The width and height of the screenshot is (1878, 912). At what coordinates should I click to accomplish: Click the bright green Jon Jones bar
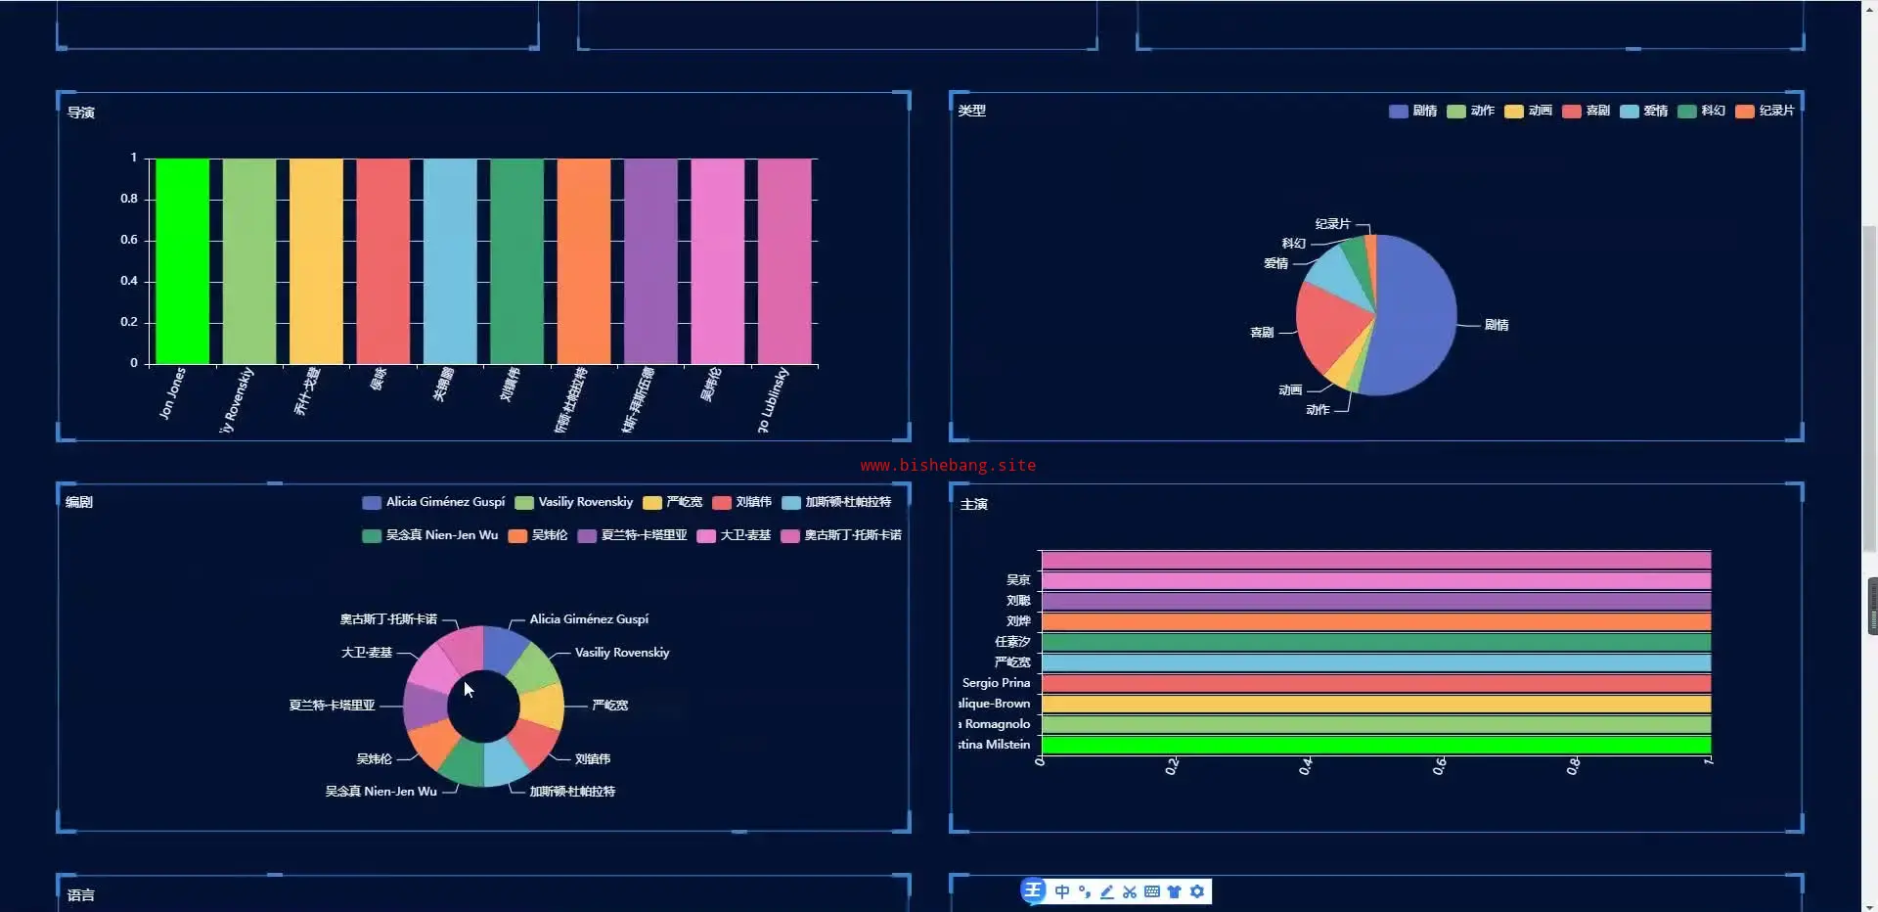pos(182,261)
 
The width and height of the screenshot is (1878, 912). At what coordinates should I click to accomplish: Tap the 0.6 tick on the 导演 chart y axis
pos(129,240)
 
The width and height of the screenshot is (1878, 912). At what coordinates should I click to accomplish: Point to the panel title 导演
pos(81,113)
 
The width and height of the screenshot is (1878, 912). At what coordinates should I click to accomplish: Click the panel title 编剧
pos(79,502)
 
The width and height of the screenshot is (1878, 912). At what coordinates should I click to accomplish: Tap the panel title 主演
pos(973,504)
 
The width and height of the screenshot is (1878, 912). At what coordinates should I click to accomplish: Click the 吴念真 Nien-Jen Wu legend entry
pos(430,535)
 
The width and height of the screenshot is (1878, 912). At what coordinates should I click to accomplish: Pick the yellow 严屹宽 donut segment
pos(543,707)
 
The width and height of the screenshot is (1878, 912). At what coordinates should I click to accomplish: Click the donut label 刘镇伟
pos(593,758)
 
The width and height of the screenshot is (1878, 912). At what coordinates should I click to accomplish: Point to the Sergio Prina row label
pos(996,683)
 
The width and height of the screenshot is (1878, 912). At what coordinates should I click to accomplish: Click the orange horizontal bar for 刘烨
pos(1375,621)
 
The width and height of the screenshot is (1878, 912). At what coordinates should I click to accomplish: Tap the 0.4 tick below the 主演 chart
pos(1306,767)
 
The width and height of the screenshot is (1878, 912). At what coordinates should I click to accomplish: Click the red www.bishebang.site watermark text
pos(948,465)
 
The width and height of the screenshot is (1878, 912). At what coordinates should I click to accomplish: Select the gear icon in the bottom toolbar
pos(1197,891)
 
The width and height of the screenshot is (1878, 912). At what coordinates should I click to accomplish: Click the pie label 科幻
pos(1293,243)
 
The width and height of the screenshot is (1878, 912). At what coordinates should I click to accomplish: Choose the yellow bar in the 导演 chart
pos(316,261)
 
